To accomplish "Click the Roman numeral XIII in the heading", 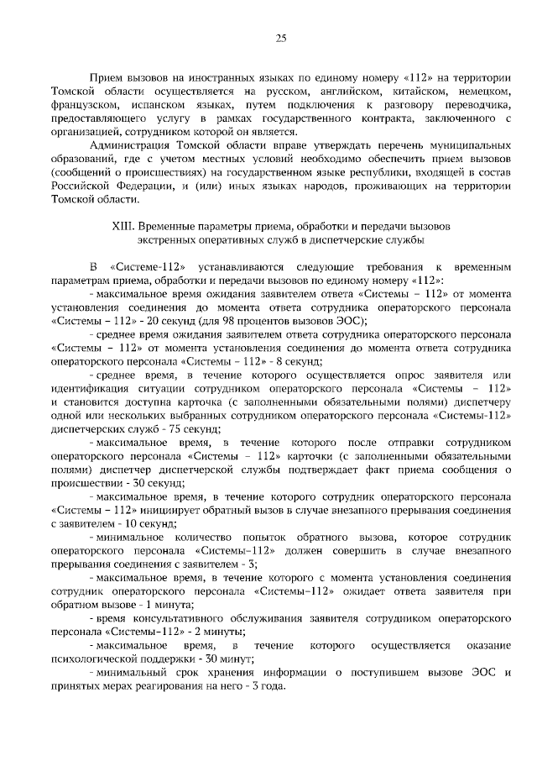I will [124, 226].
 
